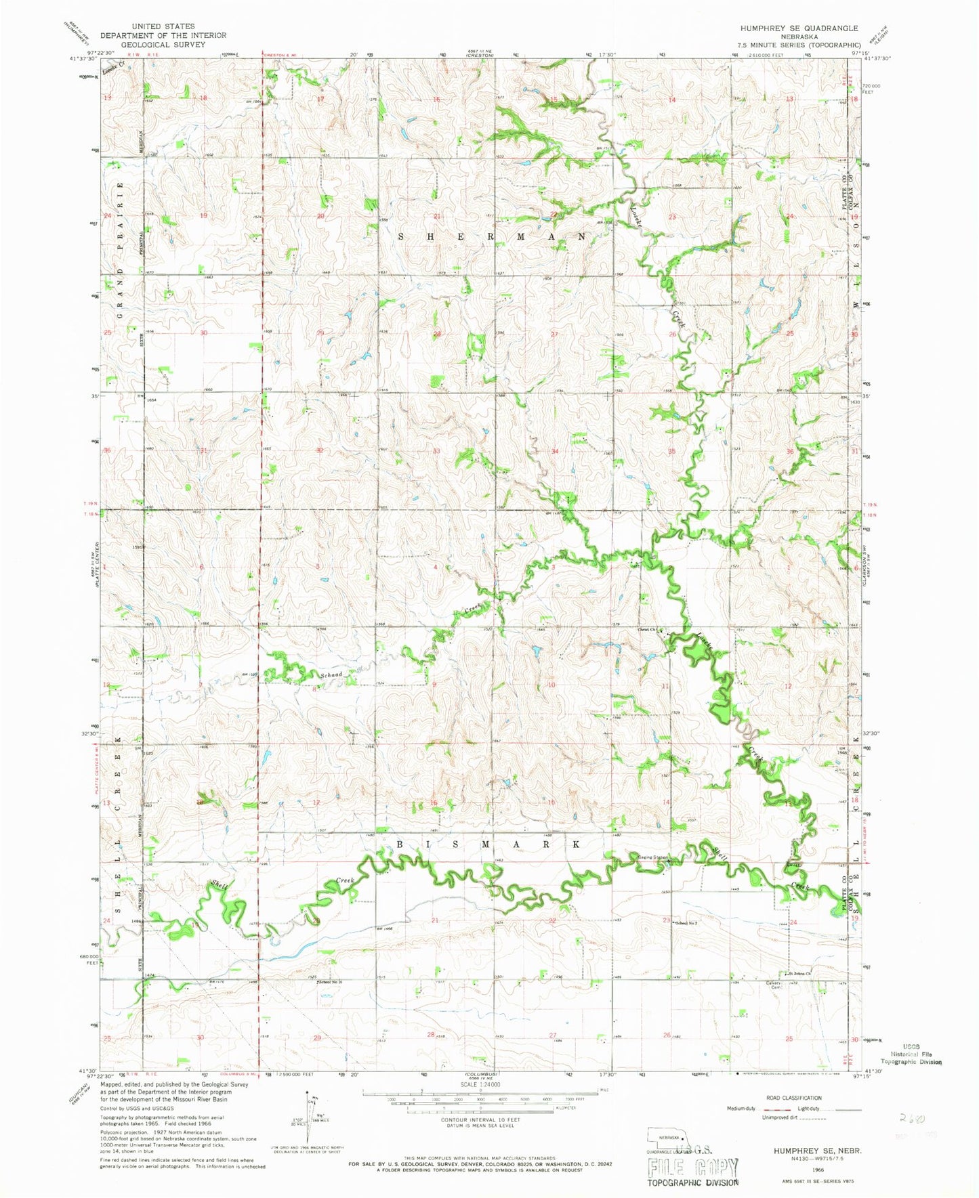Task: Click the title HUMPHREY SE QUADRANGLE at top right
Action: [x=799, y=28]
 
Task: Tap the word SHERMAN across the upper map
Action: [x=492, y=236]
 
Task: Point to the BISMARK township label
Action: [x=488, y=844]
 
